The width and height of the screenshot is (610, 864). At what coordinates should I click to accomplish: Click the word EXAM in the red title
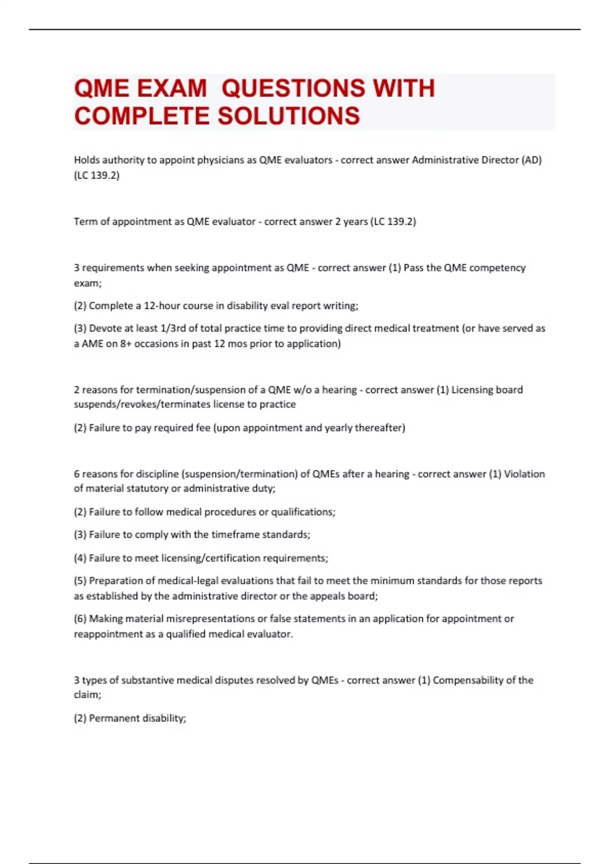pos(172,88)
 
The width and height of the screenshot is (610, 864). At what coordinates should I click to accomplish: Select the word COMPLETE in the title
pos(142,116)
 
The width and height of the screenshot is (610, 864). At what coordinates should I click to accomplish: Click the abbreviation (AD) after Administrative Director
pos(532,160)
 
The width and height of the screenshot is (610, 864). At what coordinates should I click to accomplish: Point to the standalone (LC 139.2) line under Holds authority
pos(97,175)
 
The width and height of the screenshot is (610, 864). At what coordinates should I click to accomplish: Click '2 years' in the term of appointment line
pos(351,222)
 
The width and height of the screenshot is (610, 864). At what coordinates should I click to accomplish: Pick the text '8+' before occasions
pos(126,344)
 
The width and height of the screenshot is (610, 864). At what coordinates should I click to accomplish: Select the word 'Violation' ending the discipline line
pos(524,474)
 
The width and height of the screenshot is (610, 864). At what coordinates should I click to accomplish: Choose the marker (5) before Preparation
pos(80,581)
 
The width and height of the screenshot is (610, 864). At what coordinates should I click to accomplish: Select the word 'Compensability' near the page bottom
pos(468,681)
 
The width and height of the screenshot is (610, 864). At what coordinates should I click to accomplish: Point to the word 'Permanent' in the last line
pos(111,718)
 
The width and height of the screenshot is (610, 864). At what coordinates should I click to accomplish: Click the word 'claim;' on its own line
pos(87,695)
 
